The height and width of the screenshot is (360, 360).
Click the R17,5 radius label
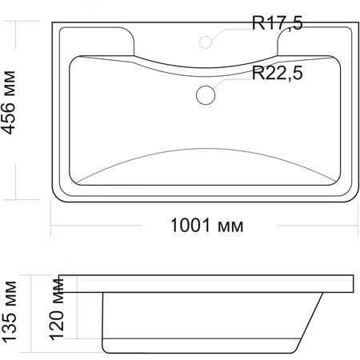(278, 23)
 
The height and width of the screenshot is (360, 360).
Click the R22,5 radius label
(278, 73)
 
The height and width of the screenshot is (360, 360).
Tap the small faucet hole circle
(206, 42)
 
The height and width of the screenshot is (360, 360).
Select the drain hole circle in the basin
(206, 95)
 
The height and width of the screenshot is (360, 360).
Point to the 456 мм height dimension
(9, 102)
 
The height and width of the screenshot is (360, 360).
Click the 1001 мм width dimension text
(207, 226)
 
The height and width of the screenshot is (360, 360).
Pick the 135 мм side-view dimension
(9, 311)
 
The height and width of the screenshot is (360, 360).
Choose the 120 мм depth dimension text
(57, 310)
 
